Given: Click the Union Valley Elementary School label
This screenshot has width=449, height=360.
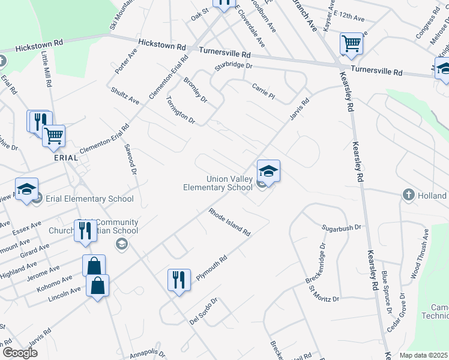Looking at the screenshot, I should tap(218, 183).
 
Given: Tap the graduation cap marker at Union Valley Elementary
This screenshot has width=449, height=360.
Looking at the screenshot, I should tap(269, 171).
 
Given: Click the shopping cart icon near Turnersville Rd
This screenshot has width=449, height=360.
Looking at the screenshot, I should tap(351, 44).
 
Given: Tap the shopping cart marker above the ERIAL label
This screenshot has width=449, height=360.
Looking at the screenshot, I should tap(54, 137).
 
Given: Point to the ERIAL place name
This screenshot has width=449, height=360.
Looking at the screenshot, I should tap(66, 158).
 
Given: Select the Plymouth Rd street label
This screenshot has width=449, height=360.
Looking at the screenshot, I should tap(211, 268).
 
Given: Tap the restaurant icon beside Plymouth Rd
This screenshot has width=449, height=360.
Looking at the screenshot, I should tap(179, 280).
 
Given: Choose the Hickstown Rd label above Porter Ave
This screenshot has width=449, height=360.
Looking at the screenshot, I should tap(161, 46).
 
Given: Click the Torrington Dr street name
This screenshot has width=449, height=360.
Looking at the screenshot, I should tap(180, 110).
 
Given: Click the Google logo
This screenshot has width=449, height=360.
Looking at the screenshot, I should tap(20, 353).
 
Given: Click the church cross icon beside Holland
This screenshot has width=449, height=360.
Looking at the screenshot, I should tap(408, 195).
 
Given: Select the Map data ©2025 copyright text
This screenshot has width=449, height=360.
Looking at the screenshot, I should tap(424, 355).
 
